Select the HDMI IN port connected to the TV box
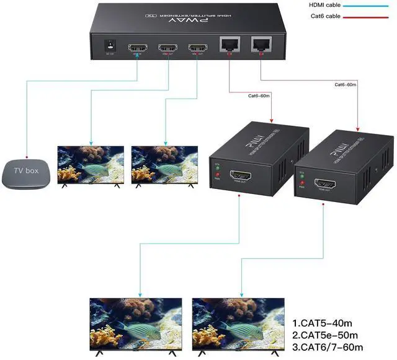pos(136,48)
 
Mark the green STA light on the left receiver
pos(217,167)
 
